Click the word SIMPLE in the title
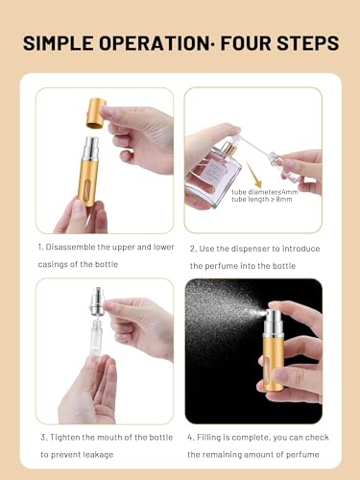[x=60, y=45]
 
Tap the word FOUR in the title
[x=245, y=45]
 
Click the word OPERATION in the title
[x=160, y=45]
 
